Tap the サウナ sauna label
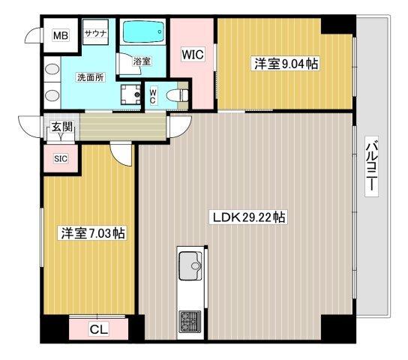(94, 34)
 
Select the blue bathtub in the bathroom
(145, 34)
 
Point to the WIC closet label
(193, 54)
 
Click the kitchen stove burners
(187, 323)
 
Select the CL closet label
(97, 328)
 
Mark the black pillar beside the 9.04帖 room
(336, 25)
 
